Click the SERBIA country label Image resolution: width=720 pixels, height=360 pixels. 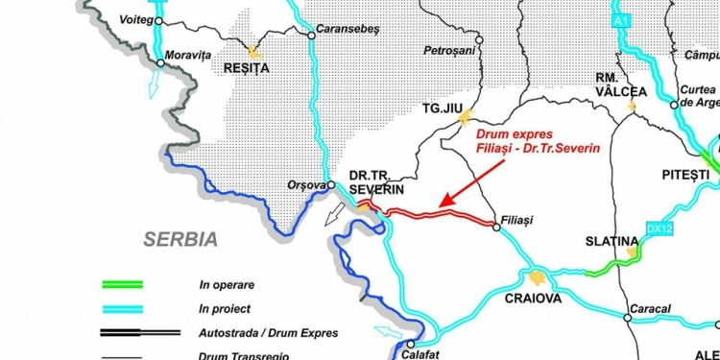click(181, 239)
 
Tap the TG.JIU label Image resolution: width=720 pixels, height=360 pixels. click(442, 108)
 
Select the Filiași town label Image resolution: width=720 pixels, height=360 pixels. click(516, 221)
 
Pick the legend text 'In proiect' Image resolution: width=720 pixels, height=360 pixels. click(225, 309)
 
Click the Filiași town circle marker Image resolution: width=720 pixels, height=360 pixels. click(495, 227)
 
